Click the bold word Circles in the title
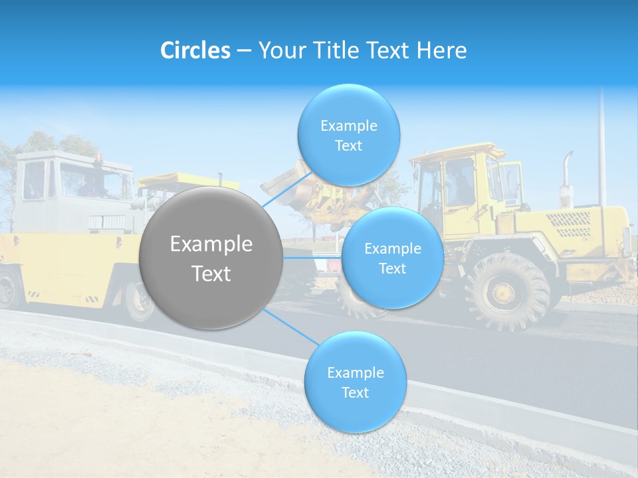coord(195,50)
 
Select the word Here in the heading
coord(442,50)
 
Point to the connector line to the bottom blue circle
coord(289,327)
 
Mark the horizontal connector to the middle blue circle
coord(312,258)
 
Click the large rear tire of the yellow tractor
coord(507,290)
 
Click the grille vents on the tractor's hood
coord(572,224)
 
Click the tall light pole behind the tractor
coord(601,146)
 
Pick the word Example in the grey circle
coord(211,244)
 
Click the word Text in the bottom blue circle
coord(355,392)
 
